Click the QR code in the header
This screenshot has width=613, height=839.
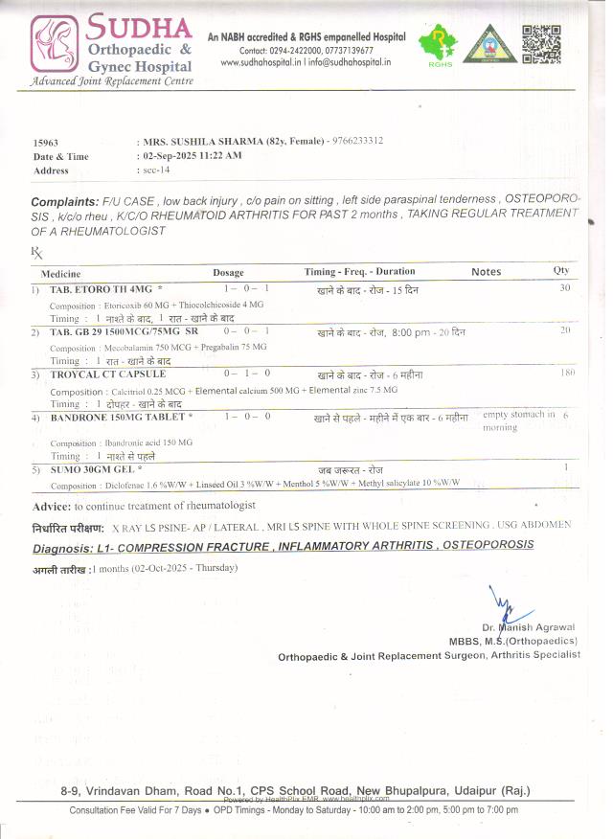(x=541, y=43)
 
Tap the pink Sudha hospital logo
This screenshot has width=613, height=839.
(x=57, y=44)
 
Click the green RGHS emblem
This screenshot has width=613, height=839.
(x=440, y=44)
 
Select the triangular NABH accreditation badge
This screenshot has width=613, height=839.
(x=489, y=45)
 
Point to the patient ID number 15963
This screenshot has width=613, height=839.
(x=47, y=141)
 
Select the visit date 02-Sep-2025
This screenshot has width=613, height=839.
(x=171, y=155)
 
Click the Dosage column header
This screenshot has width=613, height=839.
(x=228, y=272)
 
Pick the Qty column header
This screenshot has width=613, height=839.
(x=560, y=271)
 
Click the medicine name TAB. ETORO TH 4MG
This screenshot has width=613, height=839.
(x=101, y=288)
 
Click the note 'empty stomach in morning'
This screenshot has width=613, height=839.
(x=517, y=420)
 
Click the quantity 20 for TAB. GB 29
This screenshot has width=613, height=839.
(x=565, y=330)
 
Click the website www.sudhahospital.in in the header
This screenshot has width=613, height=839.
(x=262, y=62)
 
